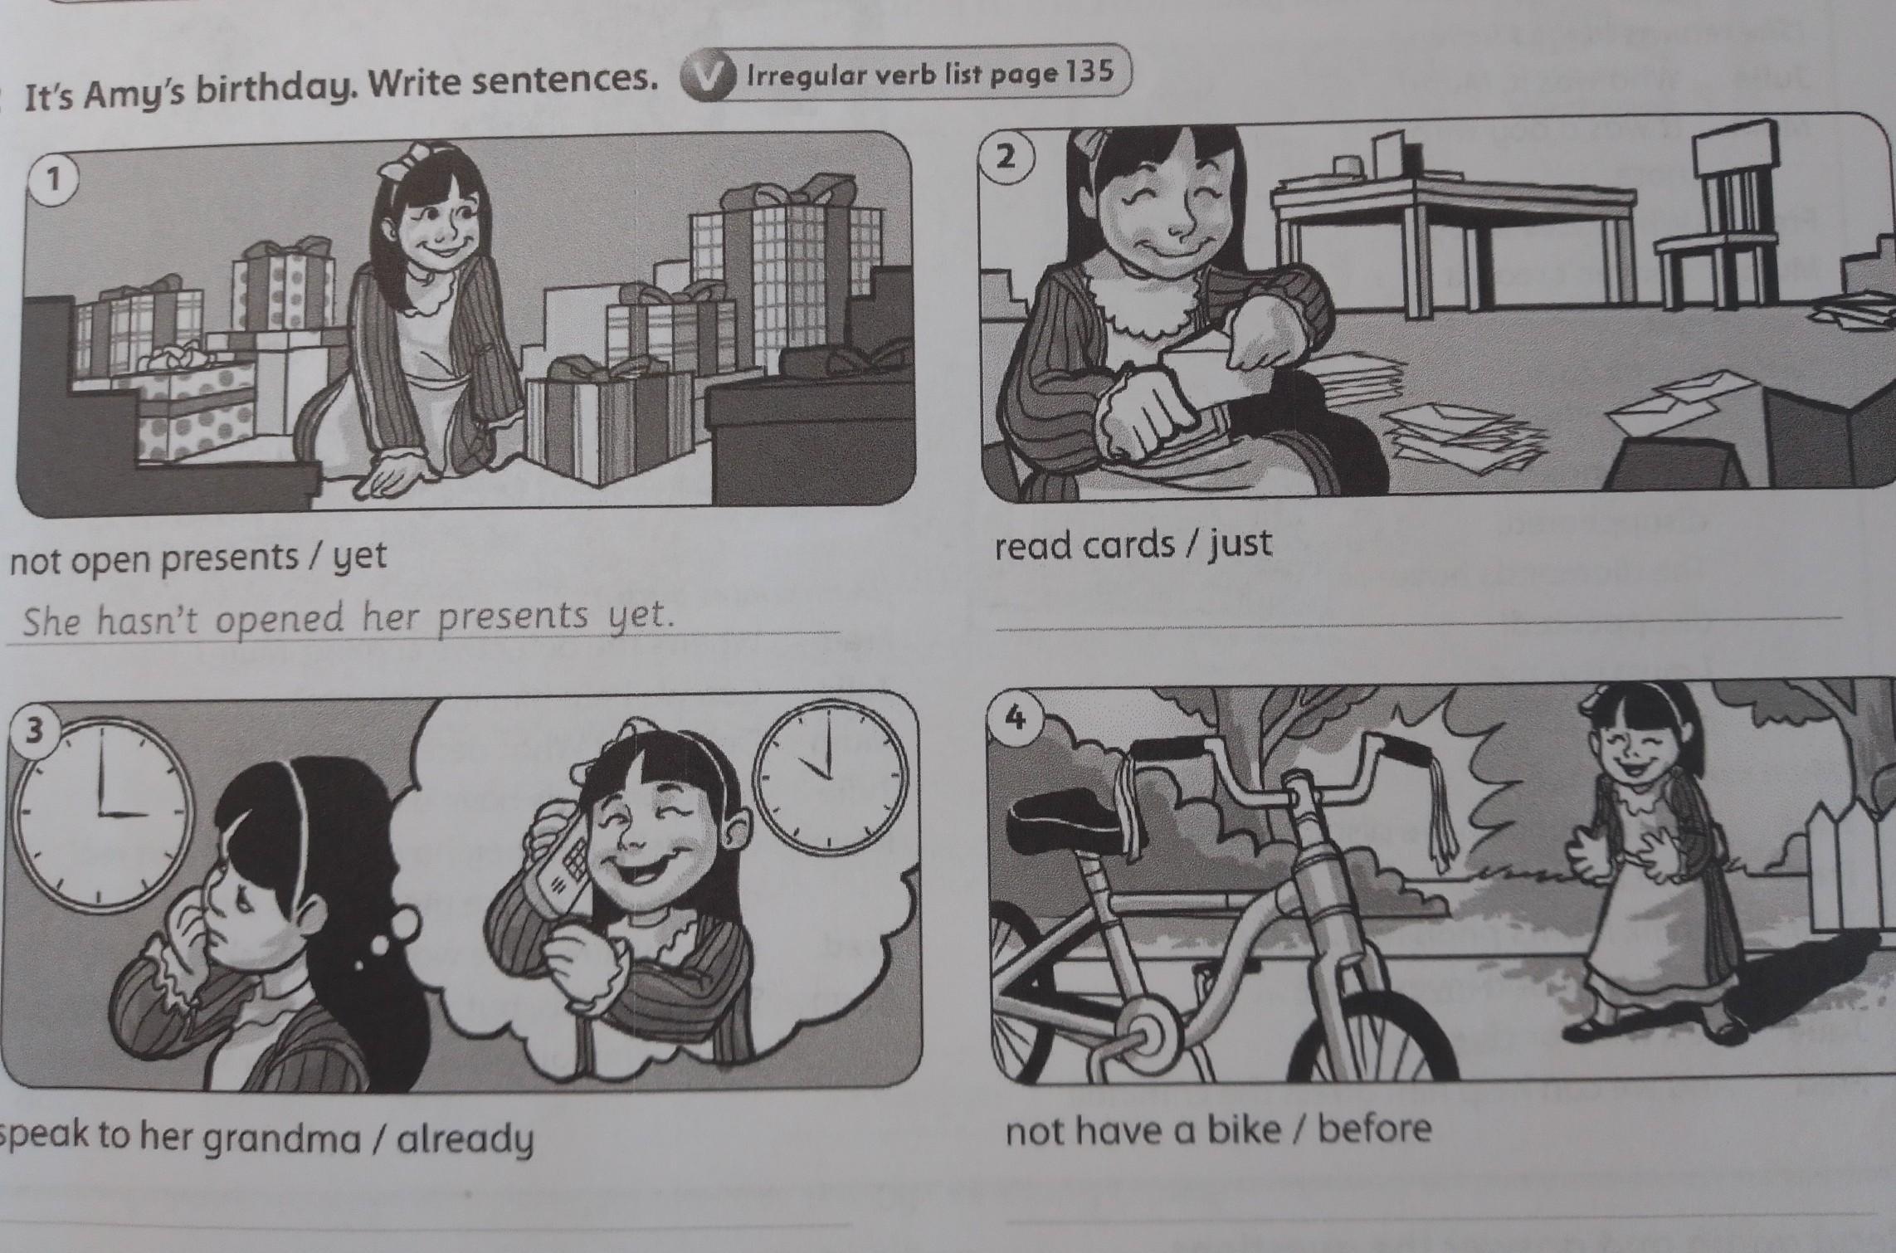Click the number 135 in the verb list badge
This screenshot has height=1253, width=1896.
[x=1084, y=73]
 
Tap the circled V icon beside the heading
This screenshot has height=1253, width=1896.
[x=706, y=79]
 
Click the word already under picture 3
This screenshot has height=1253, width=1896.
[x=465, y=1139]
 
